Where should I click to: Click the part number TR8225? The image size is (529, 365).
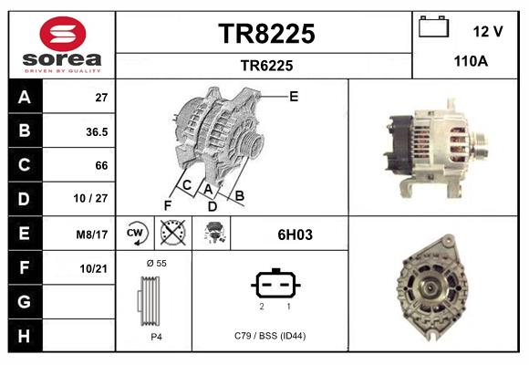tap(266, 34)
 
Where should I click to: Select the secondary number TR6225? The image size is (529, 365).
tap(266, 65)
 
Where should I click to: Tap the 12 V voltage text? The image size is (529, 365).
tap(488, 32)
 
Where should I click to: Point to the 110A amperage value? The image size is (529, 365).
tap(472, 62)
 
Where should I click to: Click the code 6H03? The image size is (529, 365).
tap(295, 235)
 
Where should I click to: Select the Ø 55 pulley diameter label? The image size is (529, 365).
tap(155, 263)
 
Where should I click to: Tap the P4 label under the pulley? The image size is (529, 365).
tap(156, 336)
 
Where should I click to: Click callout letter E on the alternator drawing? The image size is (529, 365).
tap(294, 96)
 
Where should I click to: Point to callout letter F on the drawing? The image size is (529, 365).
tap(168, 205)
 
